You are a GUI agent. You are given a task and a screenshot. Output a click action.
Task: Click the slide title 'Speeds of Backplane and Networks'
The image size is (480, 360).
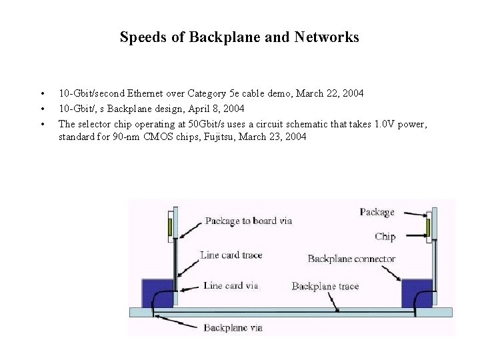pyautogui.click(x=239, y=37)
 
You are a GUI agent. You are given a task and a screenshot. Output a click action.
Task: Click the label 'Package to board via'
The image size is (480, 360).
pyautogui.click(x=248, y=221)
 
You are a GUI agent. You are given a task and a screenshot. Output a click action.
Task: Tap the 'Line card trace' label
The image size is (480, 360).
pyautogui.click(x=231, y=255)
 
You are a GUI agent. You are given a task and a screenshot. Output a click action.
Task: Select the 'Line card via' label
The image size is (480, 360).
pyautogui.click(x=231, y=285)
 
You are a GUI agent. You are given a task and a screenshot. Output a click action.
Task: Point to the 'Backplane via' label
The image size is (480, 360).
pyautogui.click(x=233, y=327)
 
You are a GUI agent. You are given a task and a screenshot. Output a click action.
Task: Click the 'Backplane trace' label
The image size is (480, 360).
pyautogui.click(x=325, y=286)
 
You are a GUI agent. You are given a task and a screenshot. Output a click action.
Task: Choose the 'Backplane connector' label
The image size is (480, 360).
pyautogui.click(x=351, y=259)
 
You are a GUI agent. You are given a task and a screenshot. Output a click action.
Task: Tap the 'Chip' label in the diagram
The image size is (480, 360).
pyautogui.click(x=385, y=236)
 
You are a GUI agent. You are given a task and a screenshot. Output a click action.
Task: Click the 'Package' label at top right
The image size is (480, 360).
pyautogui.click(x=377, y=212)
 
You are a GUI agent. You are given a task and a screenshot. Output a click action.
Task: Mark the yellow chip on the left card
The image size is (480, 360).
pyautogui.click(x=170, y=227)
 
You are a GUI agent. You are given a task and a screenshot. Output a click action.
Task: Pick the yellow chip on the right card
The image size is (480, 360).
pyautogui.click(x=429, y=227)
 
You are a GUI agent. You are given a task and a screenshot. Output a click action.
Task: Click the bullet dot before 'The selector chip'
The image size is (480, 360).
pyautogui.click(x=42, y=124)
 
